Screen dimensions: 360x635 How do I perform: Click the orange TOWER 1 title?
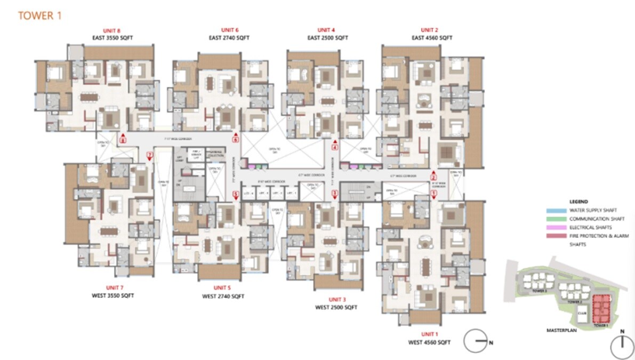[x=40, y=15]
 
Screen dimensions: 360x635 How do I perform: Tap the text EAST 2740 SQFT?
[x=229, y=38]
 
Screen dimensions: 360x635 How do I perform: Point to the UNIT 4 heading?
[x=326, y=30]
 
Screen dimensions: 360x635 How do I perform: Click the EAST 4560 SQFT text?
[x=431, y=38]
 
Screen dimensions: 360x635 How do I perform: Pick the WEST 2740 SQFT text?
[x=223, y=296]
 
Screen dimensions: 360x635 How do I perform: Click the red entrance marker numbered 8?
[x=123, y=140]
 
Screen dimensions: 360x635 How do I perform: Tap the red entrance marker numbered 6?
[x=235, y=139]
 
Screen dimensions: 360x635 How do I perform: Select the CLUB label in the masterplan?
[x=582, y=313]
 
